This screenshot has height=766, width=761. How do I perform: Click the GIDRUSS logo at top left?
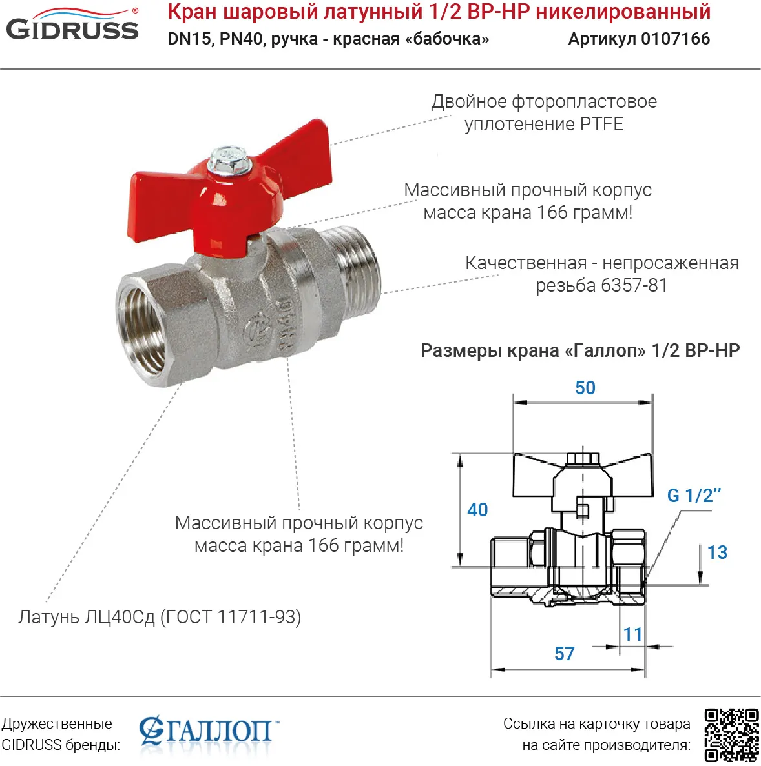72,26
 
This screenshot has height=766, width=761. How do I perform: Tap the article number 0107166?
675,39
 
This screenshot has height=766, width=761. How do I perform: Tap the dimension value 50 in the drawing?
585,388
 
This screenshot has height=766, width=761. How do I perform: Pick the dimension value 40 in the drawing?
477,510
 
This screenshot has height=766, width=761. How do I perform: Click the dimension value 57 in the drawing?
564,654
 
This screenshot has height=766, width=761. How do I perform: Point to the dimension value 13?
717,552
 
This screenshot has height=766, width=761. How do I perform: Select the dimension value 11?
633,634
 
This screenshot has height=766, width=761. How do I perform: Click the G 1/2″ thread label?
694,496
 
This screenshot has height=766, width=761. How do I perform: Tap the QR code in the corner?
731,734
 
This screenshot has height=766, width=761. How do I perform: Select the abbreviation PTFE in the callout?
601,124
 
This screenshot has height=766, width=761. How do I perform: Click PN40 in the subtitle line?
242,39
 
